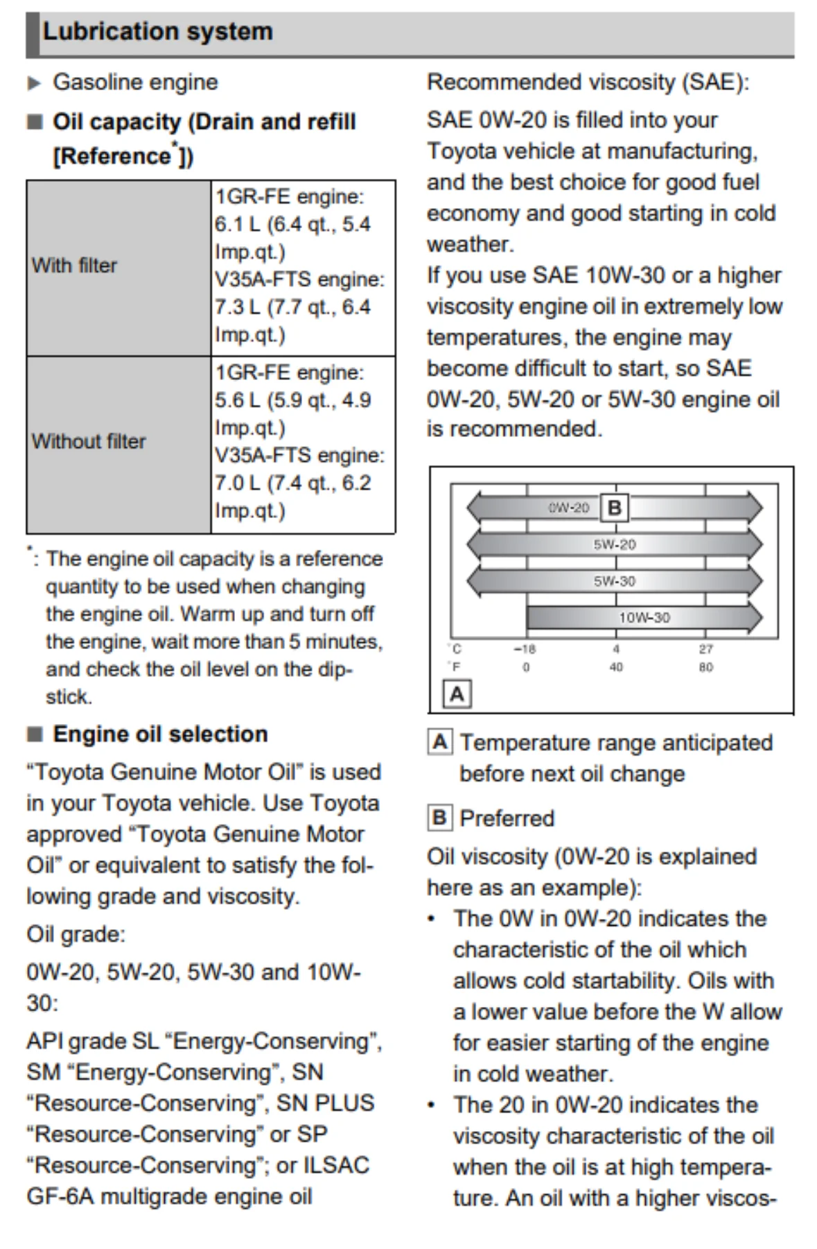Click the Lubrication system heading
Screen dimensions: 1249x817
[158, 32]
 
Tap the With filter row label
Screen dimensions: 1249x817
[74, 266]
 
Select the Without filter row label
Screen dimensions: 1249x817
[89, 442]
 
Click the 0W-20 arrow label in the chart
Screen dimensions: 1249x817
[568, 508]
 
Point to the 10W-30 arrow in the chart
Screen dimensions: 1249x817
[644, 617]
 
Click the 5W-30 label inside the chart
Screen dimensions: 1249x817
[614, 581]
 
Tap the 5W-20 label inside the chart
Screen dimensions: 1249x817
[614, 544]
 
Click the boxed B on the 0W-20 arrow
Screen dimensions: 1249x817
[614, 508]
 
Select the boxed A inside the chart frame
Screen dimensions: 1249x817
[457, 694]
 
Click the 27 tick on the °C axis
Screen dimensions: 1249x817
[705, 650]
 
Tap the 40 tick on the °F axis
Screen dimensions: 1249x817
[615, 667]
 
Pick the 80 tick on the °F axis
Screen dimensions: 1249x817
[705, 667]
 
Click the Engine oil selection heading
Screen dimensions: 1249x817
[160, 734]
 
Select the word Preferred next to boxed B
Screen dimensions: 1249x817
[507, 818]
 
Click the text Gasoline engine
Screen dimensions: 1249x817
[135, 83]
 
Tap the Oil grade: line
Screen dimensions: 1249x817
[76, 934]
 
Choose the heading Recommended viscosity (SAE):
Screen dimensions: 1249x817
[588, 83]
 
